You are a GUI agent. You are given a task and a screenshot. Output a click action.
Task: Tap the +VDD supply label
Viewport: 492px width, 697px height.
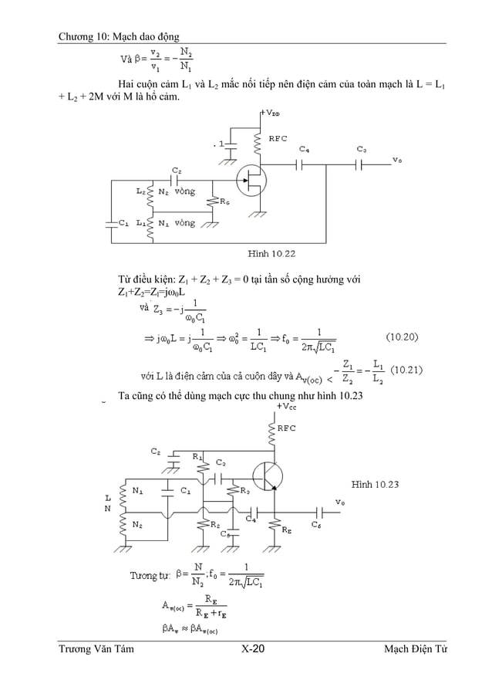[x=270, y=113]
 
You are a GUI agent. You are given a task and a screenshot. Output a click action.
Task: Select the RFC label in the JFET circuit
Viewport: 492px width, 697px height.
[x=278, y=138]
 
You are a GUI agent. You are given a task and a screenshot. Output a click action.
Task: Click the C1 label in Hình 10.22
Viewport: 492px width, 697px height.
[x=123, y=222]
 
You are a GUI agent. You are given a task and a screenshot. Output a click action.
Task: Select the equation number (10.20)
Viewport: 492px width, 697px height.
[x=403, y=337]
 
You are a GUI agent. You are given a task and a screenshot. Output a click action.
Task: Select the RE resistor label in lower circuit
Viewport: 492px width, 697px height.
[x=286, y=530]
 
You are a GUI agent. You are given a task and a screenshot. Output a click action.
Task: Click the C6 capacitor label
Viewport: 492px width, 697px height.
[x=316, y=525]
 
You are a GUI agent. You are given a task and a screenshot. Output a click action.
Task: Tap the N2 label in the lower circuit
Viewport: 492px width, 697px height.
[x=136, y=524]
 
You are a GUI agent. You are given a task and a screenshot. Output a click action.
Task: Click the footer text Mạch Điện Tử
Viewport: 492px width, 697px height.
[x=416, y=649]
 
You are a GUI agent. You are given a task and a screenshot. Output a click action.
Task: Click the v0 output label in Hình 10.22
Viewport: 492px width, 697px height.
[x=396, y=160]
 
